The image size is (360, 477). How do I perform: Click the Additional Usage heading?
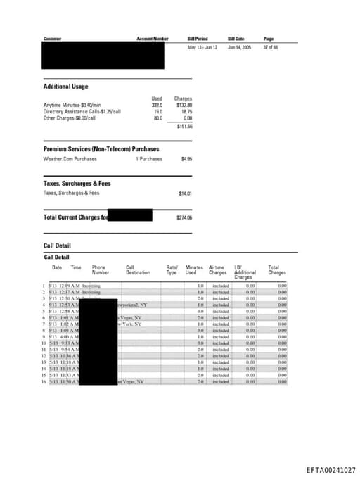(66, 87)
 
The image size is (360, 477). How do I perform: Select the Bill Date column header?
(236, 38)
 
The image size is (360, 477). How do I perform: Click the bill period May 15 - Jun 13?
(202, 47)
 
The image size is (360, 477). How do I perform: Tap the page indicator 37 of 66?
(271, 47)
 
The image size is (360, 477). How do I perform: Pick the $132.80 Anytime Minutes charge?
(184, 105)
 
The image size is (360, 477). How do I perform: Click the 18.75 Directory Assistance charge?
(186, 111)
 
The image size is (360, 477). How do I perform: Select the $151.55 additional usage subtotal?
(184, 126)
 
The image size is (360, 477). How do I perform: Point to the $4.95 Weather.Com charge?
(186, 159)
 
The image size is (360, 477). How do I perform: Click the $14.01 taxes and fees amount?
(186, 193)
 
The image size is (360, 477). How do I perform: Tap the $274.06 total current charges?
(184, 217)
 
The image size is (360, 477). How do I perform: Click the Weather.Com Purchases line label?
(70, 159)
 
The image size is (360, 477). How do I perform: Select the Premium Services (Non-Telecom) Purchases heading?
(101, 149)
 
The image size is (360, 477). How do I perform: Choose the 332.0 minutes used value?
(157, 105)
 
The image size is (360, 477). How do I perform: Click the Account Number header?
(153, 38)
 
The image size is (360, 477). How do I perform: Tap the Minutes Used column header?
(194, 270)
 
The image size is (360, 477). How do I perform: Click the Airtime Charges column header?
(217, 270)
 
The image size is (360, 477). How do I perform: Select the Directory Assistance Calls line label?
(82, 111)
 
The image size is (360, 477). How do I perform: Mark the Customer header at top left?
(53, 38)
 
